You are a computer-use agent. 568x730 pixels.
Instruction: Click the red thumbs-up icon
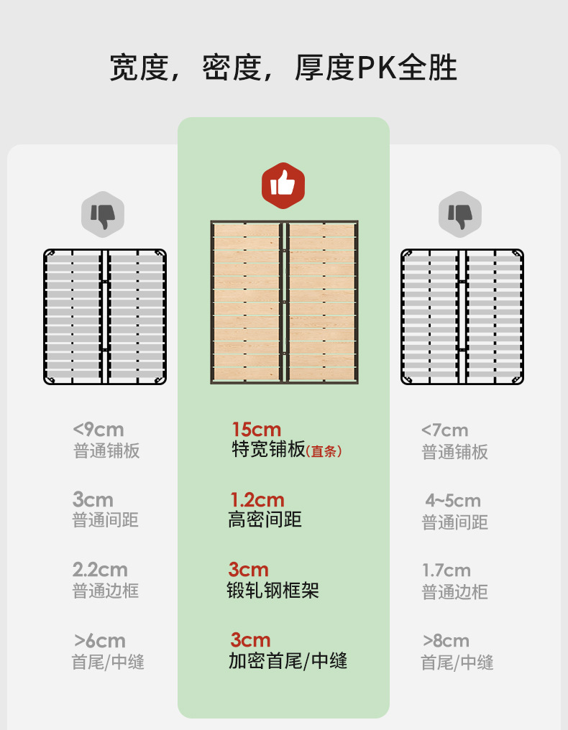[x=283, y=185]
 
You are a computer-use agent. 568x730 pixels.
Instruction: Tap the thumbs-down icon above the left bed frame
[x=102, y=214]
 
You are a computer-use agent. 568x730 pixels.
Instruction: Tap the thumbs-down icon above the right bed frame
[x=460, y=214]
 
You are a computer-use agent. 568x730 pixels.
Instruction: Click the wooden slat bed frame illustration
[x=284, y=302]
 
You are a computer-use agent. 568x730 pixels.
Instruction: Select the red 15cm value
[x=256, y=430]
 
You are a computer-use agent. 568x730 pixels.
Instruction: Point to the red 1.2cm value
[x=257, y=499]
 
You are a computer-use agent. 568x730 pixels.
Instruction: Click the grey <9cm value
[x=99, y=430]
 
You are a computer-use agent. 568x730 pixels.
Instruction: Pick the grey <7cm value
[x=444, y=430]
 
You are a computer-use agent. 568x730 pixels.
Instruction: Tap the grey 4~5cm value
[x=453, y=500]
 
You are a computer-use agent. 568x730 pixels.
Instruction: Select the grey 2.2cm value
[x=100, y=570]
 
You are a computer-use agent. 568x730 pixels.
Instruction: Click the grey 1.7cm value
[x=446, y=570]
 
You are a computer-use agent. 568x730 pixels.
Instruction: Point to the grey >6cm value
[x=100, y=640]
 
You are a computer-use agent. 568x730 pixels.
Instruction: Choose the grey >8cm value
[x=446, y=640]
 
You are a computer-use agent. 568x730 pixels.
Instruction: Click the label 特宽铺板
[x=268, y=450]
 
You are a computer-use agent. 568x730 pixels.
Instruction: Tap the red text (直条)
[x=324, y=451]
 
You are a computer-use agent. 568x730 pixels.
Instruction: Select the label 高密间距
[x=265, y=519]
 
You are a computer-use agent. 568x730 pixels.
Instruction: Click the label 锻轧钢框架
[x=272, y=590]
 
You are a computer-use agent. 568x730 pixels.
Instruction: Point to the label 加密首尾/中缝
[x=288, y=660]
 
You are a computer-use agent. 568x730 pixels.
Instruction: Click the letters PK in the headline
[x=377, y=68]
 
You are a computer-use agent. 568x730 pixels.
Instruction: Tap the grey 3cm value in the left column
[x=93, y=499]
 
